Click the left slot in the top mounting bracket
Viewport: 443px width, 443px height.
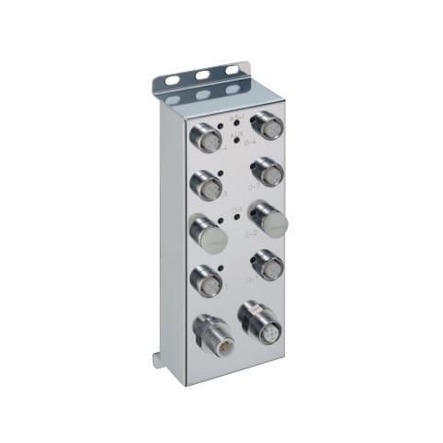(172, 81)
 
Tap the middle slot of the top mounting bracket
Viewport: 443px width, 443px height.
(201, 74)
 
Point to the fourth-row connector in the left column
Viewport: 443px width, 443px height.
(207, 282)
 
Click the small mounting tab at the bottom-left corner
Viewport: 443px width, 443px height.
(159, 359)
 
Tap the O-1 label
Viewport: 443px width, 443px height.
(251, 278)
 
